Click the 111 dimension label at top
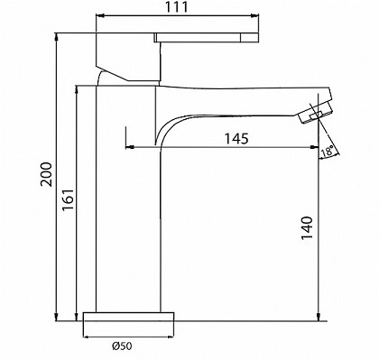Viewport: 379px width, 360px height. coord(177,7)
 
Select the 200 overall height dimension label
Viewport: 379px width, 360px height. coord(46,174)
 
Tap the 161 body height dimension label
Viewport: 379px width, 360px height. coord(68,199)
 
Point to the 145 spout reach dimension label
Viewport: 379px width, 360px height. coord(236,138)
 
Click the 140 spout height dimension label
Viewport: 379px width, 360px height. coord(307,227)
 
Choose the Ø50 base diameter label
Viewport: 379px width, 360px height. coord(122,346)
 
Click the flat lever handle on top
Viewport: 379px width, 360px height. coord(207,38)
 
